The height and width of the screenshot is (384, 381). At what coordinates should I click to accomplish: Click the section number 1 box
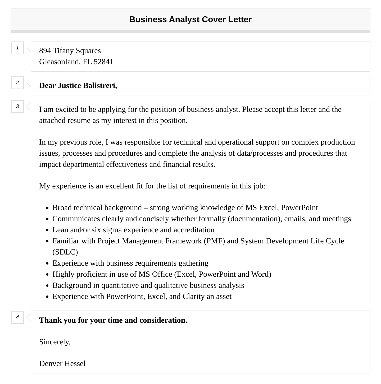pos(17,48)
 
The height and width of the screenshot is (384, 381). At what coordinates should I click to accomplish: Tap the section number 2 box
pos(17,83)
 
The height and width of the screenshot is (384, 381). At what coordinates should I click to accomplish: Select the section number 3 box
pos(17,107)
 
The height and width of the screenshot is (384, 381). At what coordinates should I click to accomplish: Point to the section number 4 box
pos(17,317)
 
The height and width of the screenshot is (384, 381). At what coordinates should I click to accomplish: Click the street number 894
pos(45,51)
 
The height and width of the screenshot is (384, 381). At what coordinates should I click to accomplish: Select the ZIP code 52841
pos(103,62)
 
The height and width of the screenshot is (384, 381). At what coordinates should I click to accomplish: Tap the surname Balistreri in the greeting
pos(100,86)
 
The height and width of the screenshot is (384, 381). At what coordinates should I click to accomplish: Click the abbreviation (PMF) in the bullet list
pos(214,241)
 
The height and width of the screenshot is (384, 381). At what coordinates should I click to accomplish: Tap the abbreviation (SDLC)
pos(65,252)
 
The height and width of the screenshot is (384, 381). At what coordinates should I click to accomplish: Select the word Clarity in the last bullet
pos(193,297)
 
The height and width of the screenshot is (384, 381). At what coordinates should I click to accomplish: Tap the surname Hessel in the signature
pos(75,364)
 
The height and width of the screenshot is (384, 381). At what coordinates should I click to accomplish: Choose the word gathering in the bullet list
pos(193,263)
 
